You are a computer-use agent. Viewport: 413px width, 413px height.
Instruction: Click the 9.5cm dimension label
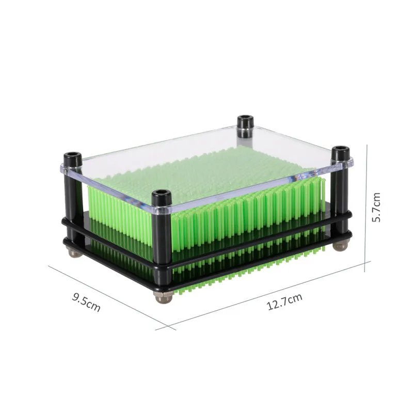[x=86, y=303]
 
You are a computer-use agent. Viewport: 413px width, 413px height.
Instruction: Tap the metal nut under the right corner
[x=340, y=246]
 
